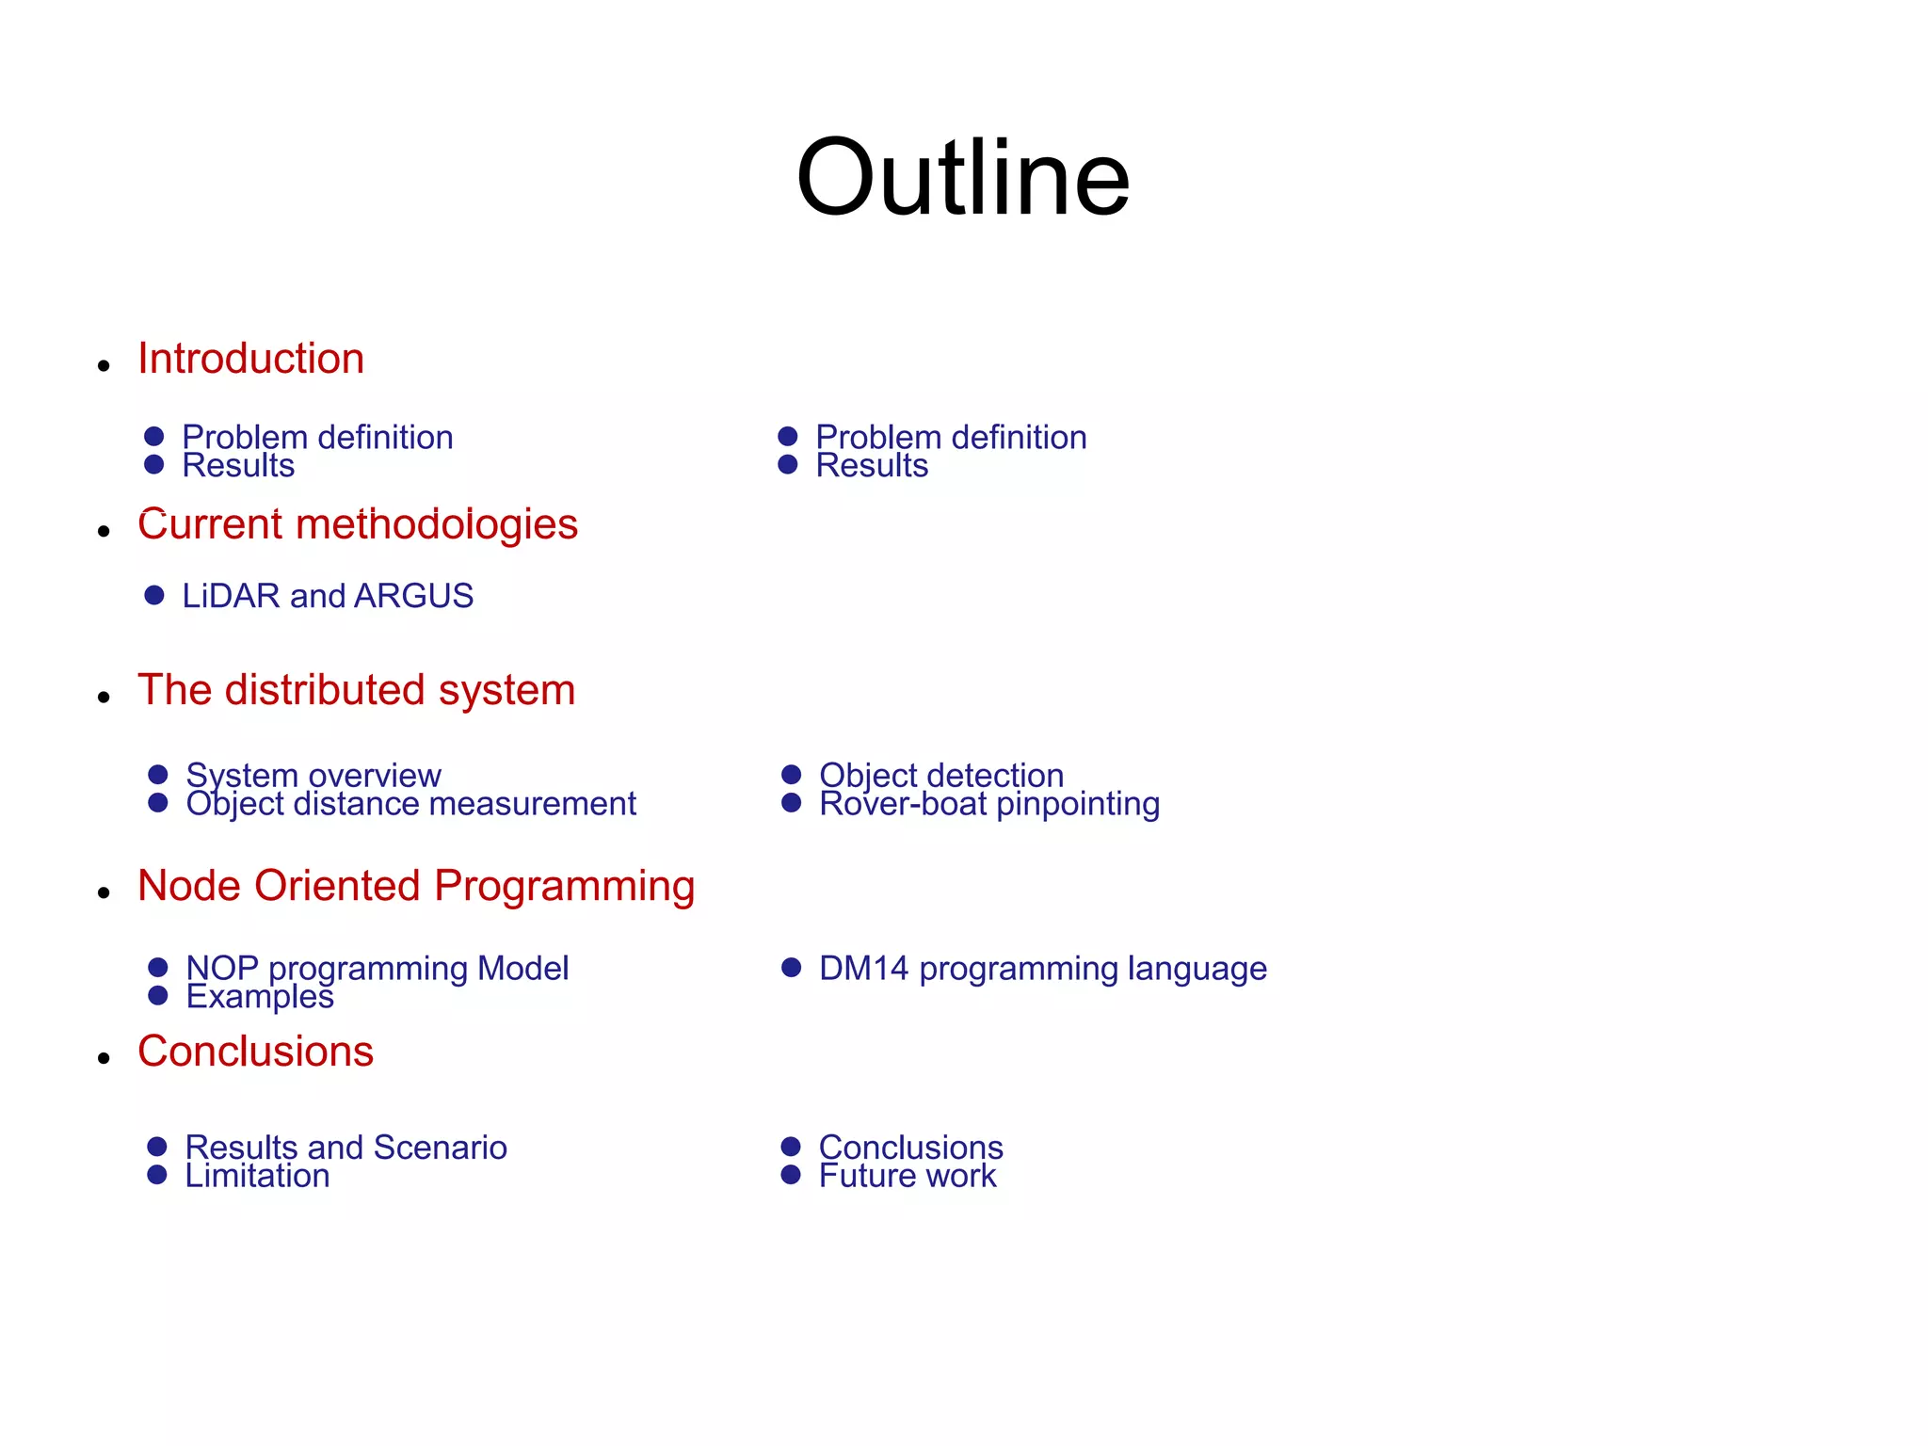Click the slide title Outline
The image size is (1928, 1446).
[x=962, y=178]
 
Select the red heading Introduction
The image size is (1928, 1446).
[x=250, y=359]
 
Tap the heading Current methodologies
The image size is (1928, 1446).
[x=358, y=524]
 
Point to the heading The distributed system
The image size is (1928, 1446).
[x=356, y=690]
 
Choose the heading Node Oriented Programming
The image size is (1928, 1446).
[x=416, y=886]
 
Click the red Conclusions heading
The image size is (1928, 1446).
[x=255, y=1052]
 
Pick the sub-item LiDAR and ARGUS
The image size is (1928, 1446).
[x=328, y=596]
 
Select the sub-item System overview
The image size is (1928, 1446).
[x=313, y=775]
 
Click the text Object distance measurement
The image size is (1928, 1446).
[x=410, y=804]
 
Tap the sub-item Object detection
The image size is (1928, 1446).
[x=941, y=775]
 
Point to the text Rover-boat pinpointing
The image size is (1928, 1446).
[x=989, y=804]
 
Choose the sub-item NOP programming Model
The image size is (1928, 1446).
[x=378, y=968]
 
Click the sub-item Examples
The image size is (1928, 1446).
[x=260, y=996]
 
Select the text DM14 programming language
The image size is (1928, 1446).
[x=1043, y=968]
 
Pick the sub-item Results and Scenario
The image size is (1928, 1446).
[x=345, y=1147]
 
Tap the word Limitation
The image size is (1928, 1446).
[x=257, y=1176]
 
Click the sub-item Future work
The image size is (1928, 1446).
[x=908, y=1176]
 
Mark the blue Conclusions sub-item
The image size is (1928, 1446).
[x=910, y=1147]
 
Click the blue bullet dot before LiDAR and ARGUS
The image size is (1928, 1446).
[x=154, y=595]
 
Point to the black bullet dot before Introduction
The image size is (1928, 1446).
[x=104, y=365]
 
